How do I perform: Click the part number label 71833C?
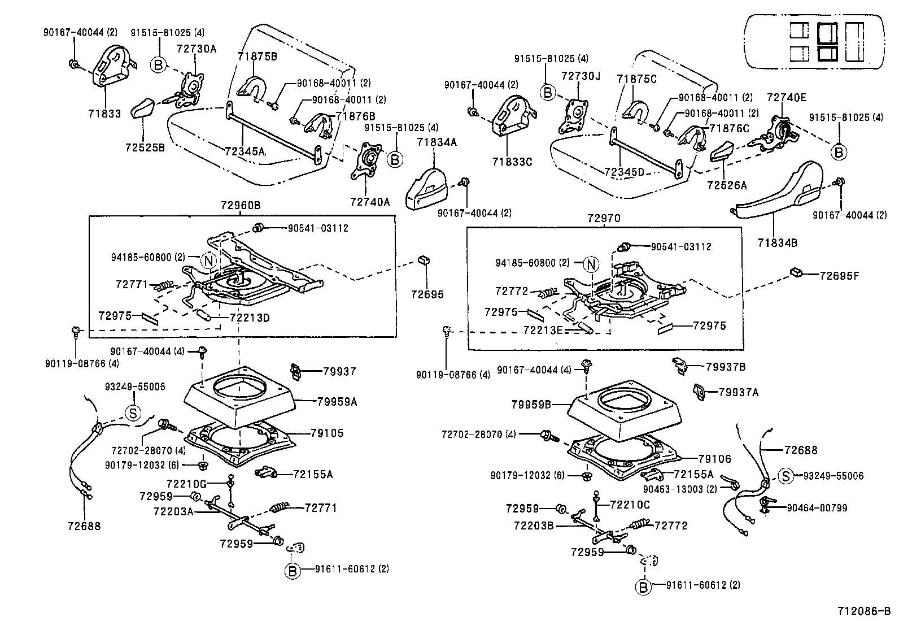tap(512, 162)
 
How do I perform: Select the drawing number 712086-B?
tap(863, 611)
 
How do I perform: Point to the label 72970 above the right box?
tap(604, 218)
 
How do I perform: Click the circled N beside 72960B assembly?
tap(208, 260)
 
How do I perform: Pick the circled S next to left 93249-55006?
tap(133, 412)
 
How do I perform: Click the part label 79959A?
tap(337, 402)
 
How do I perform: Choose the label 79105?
tap(327, 433)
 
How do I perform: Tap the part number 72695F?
tap(839, 276)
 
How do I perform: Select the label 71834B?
tap(778, 243)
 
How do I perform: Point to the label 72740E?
tap(787, 97)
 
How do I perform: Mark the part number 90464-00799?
tap(817, 508)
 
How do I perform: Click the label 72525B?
tap(145, 147)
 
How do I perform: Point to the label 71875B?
tap(257, 57)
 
